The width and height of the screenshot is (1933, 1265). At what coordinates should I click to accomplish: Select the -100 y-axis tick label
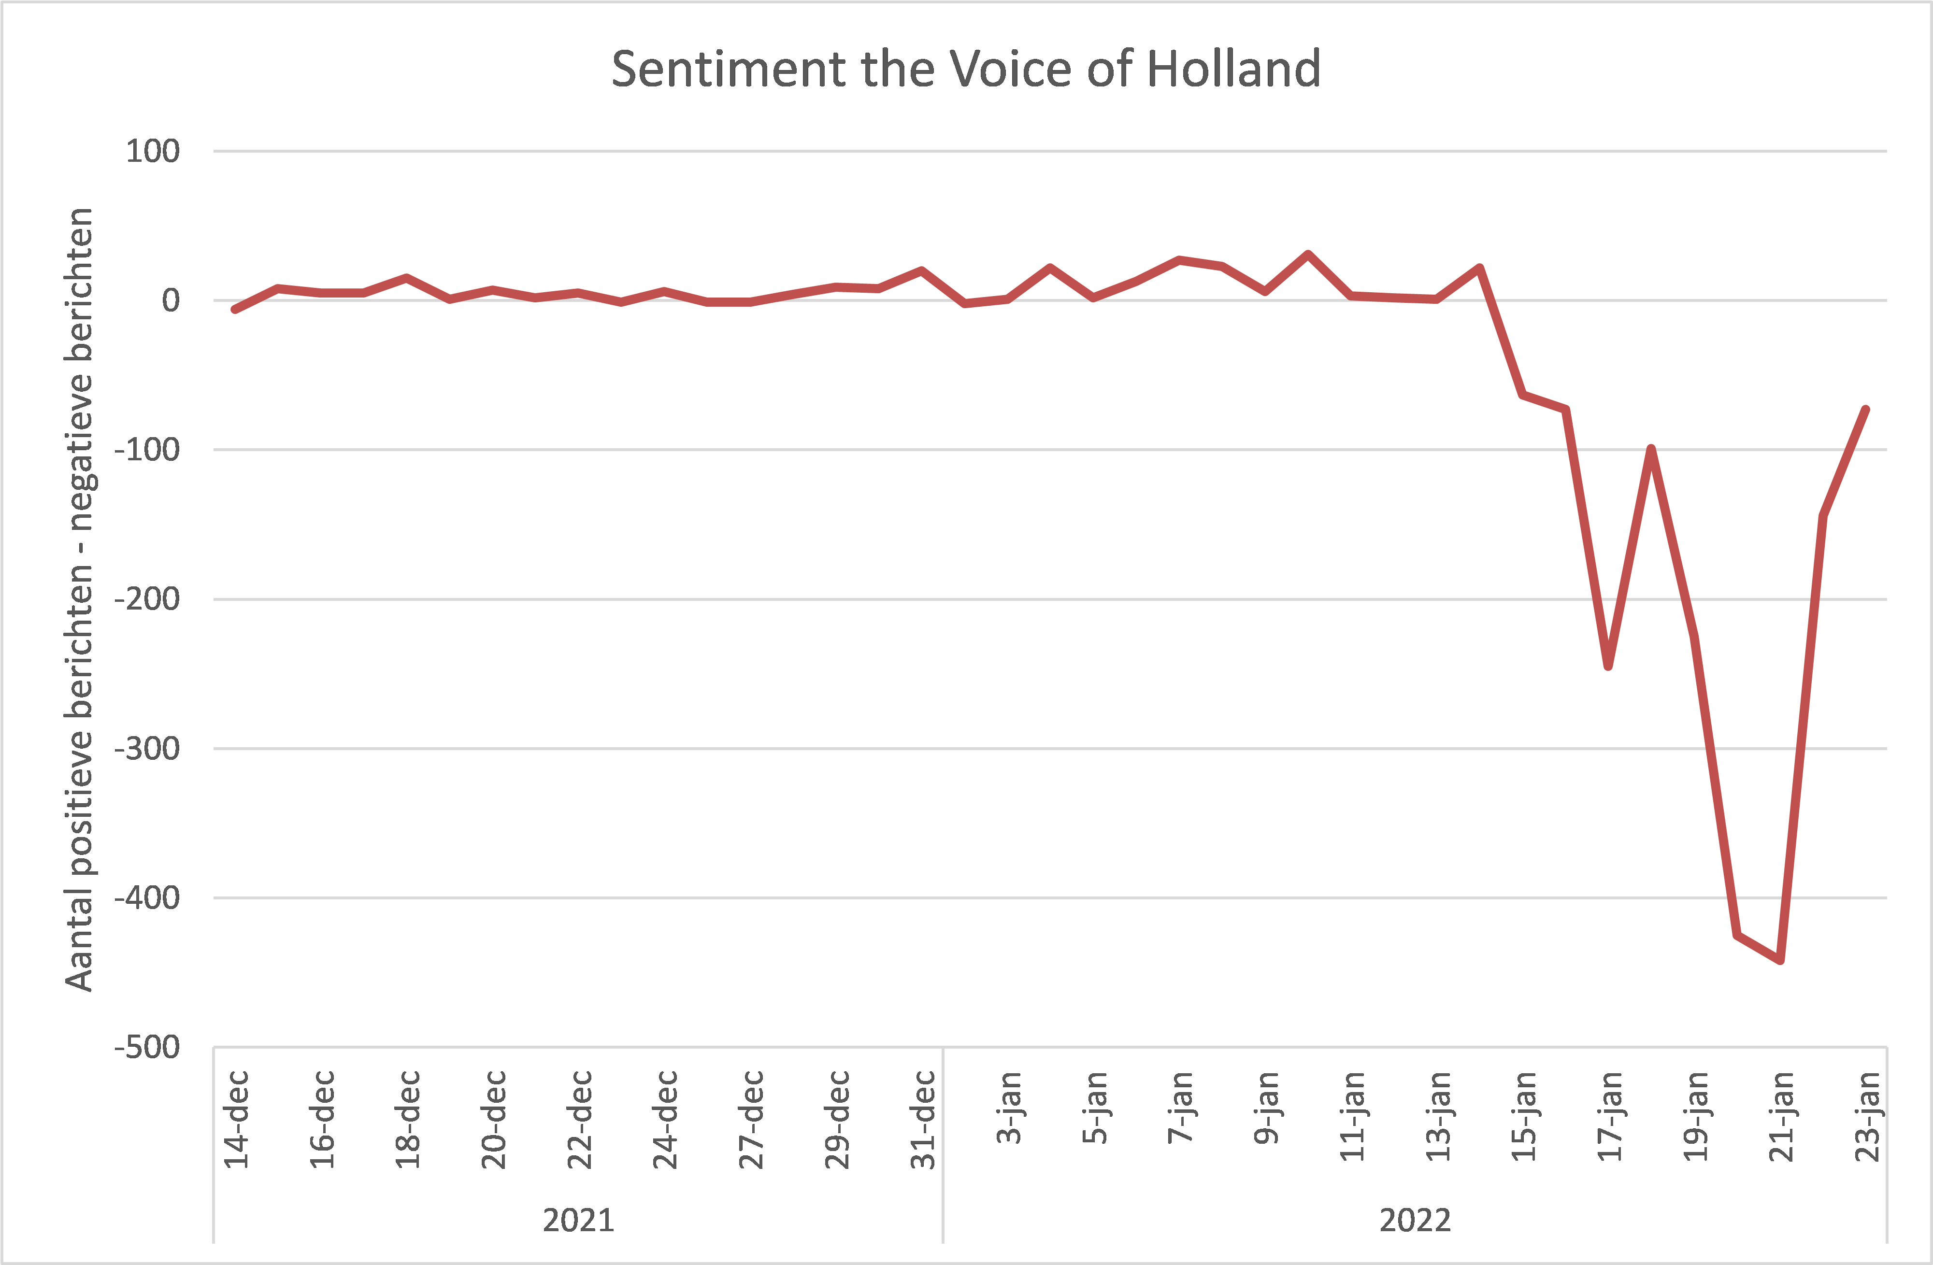point(147,450)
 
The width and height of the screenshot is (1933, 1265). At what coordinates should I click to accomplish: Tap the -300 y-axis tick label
point(147,749)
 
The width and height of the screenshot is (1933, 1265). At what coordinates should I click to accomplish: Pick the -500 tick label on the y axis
point(147,1047)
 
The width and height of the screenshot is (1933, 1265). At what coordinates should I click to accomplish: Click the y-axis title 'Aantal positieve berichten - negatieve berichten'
point(80,599)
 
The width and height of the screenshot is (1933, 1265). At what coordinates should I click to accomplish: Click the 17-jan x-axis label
point(1610,1116)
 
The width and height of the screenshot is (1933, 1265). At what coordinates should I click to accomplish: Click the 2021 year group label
point(578,1221)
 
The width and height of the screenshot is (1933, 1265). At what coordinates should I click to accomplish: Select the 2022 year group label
point(1415,1221)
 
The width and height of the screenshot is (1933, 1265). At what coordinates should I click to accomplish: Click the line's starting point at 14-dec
point(235,309)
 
